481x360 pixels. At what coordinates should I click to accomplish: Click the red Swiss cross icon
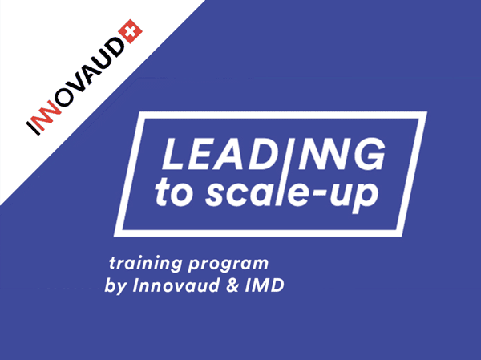[130, 31]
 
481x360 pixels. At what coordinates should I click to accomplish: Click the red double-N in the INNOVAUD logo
[47, 114]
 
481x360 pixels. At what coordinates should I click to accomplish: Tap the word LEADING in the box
[273, 154]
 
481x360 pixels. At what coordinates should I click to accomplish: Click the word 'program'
[228, 265]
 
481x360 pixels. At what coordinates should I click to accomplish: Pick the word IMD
[265, 285]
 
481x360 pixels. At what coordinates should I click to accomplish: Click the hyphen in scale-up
[320, 193]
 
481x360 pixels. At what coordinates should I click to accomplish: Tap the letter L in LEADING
[172, 154]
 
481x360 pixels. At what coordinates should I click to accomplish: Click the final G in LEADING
[369, 154]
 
